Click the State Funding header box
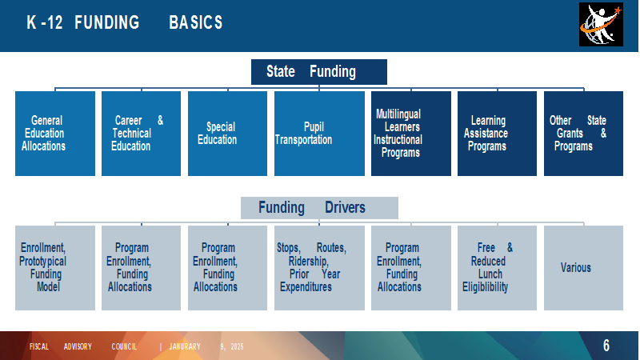pyautogui.click(x=318, y=72)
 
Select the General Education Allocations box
pyautogui.click(x=55, y=134)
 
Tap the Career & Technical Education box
pyautogui.click(x=142, y=134)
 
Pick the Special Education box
pyautogui.click(x=227, y=134)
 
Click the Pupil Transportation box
pyautogui.click(x=319, y=134)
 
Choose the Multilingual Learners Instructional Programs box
pyautogui.click(x=411, y=134)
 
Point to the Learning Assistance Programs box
pyautogui.click(x=497, y=134)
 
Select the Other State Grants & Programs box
pyautogui.click(x=584, y=134)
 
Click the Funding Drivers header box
pyautogui.click(x=319, y=208)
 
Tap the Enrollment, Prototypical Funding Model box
pyautogui.click(x=55, y=268)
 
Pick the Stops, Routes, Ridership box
pyautogui.click(x=319, y=268)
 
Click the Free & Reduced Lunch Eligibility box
pyautogui.click(x=497, y=268)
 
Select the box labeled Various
pyautogui.click(x=584, y=268)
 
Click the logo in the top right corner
pyautogui.click(x=602, y=25)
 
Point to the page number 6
pyautogui.click(x=606, y=346)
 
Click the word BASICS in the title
pyautogui.click(x=196, y=22)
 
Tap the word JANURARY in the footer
pyautogui.click(x=185, y=346)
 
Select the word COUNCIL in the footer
pyautogui.click(x=124, y=346)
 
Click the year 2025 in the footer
pyautogui.click(x=237, y=346)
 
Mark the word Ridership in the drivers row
pyautogui.click(x=309, y=262)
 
